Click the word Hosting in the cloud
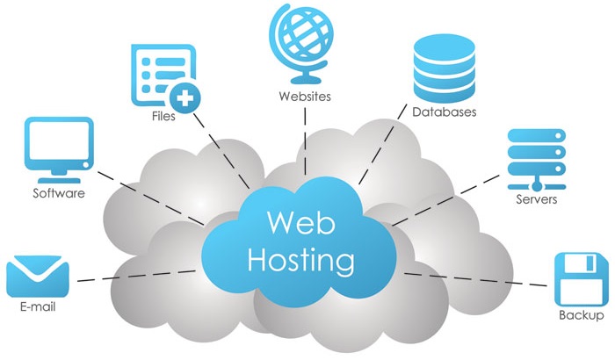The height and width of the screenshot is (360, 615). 301,260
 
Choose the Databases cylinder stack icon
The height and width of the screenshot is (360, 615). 443,69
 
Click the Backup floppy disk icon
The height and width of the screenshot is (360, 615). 581,278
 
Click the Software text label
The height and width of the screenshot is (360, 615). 59,193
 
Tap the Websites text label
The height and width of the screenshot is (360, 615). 304,97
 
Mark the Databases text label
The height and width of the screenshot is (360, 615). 445,112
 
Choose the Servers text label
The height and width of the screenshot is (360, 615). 537,198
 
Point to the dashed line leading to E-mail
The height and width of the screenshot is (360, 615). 132,277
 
